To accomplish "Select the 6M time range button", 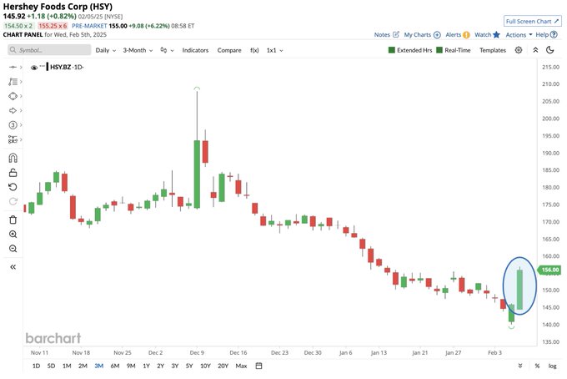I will click(115, 366).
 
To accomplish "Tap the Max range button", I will click(241, 366).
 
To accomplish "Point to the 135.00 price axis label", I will click(549, 341).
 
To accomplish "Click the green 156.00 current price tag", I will click(549, 270).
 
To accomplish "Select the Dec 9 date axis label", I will click(197, 353).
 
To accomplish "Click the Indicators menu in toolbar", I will click(195, 50).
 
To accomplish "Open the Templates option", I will click(493, 50).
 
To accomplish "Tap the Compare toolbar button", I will click(229, 50).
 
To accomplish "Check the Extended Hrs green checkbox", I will click(393, 50).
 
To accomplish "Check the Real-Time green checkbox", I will click(440, 50).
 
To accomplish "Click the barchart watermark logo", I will click(53, 338).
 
